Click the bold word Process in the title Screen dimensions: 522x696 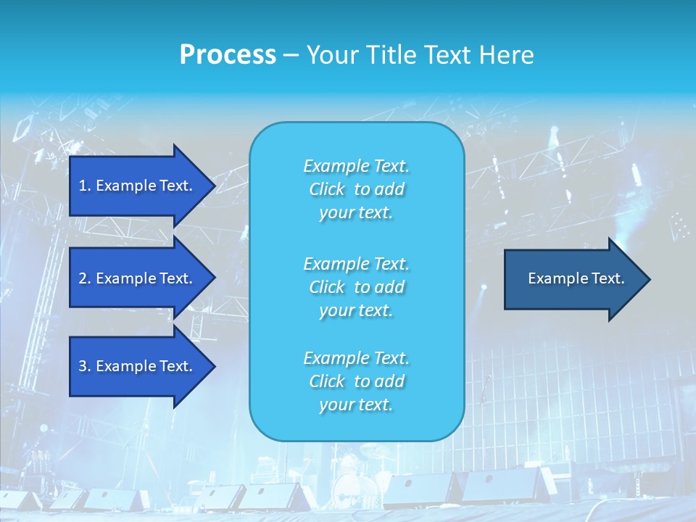tap(228, 55)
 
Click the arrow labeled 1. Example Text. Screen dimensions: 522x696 tap(136, 186)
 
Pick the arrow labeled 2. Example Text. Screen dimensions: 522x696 tap(136, 278)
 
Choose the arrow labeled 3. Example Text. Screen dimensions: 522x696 tap(136, 366)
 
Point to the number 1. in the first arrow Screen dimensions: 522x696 tap(85, 186)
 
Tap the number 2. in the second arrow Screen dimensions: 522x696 tap(85, 278)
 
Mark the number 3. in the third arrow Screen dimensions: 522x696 tap(85, 366)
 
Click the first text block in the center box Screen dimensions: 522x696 tap(356, 189)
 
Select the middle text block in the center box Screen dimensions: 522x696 tap(356, 286)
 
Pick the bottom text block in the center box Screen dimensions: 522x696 tap(356, 381)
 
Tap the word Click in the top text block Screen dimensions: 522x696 tap(326, 189)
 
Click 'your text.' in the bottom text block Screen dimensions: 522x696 tap(356, 405)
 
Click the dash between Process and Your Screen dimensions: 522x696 tap(291, 55)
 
